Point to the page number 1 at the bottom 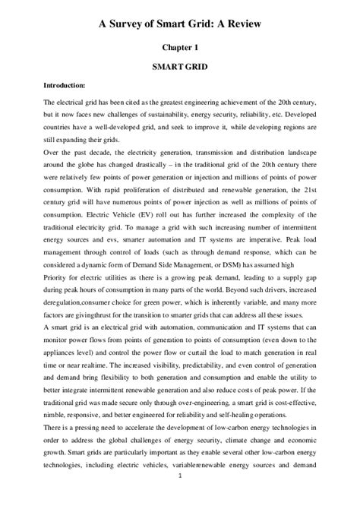[180, 497]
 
